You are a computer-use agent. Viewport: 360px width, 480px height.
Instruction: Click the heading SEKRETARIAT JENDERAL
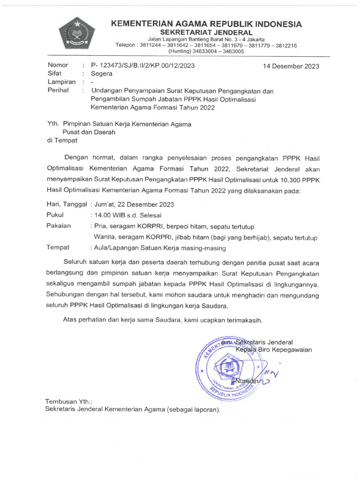click(206, 32)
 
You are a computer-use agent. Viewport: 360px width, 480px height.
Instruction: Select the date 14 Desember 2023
click(292, 66)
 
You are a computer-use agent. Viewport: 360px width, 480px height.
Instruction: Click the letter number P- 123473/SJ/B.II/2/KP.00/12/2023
click(142, 65)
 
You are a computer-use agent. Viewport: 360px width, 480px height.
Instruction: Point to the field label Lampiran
click(61, 82)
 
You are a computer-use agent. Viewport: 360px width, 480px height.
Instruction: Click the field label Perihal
click(58, 90)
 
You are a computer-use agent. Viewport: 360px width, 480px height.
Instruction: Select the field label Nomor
click(58, 65)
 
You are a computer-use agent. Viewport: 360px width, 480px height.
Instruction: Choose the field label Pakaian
click(59, 226)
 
